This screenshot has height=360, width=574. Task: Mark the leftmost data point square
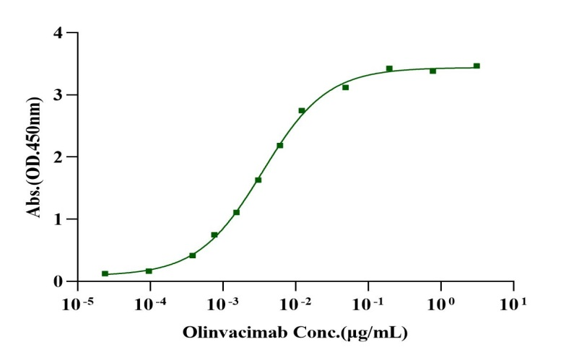pyautogui.click(x=105, y=273)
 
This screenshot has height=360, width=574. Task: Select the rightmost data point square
pyautogui.click(x=477, y=66)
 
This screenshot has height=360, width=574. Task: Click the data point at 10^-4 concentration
pyautogui.click(x=149, y=271)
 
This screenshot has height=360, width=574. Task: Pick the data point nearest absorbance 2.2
pyautogui.click(x=279, y=145)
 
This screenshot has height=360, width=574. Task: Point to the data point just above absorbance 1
pyautogui.click(x=236, y=212)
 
